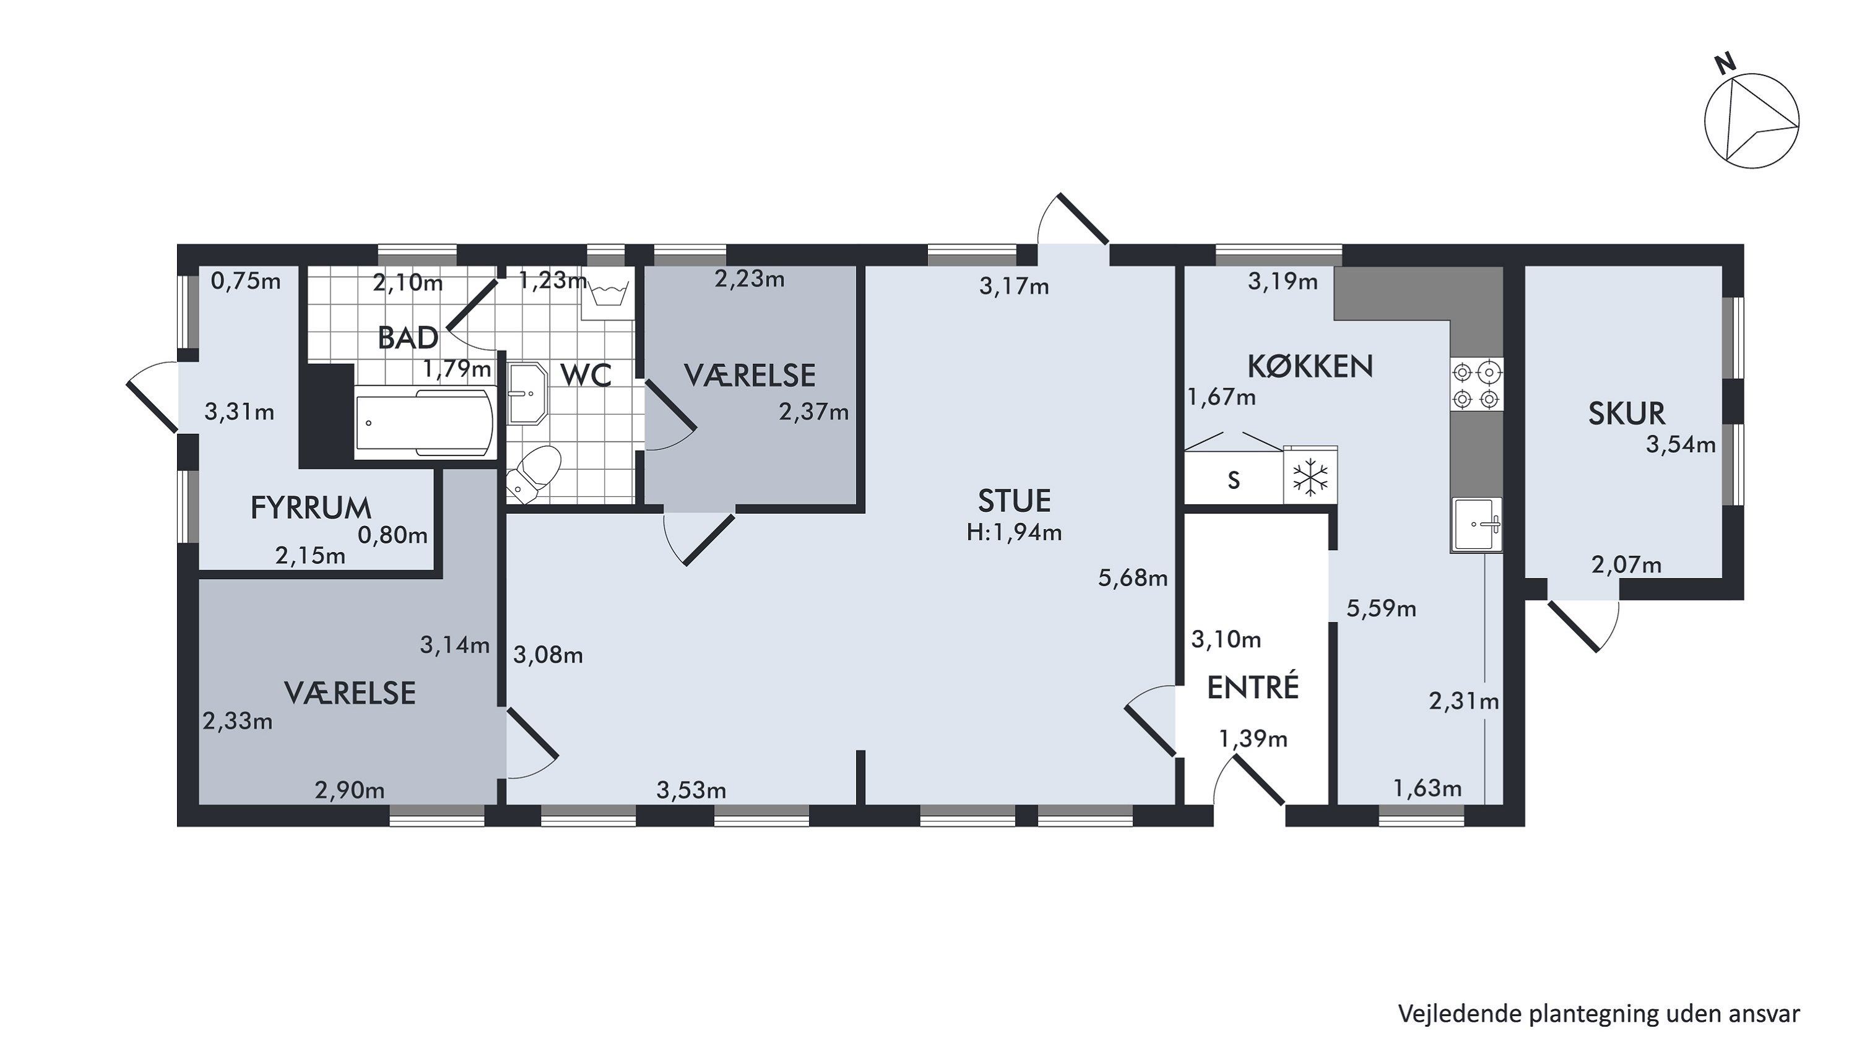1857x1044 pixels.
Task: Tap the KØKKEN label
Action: (x=1310, y=367)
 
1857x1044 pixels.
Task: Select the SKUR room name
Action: (x=1626, y=413)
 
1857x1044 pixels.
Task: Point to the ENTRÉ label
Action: (x=1253, y=688)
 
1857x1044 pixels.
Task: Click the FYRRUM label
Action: (x=311, y=509)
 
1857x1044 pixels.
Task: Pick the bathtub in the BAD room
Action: (x=425, y=422)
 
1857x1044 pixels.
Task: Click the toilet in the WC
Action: (x=533, y=473)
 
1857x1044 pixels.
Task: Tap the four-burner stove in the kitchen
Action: (x=1476, y=385)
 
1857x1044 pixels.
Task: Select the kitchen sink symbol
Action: (x=1476, y=525)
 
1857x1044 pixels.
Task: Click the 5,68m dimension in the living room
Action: (x=1133, y=578)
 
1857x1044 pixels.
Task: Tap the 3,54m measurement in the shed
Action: (x=1681, y=444)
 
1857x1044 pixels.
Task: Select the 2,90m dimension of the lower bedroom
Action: (x=350, y=790)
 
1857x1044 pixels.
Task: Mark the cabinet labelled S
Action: (x=1234, y=478)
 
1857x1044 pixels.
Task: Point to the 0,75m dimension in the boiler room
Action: (x=246, y=281)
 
